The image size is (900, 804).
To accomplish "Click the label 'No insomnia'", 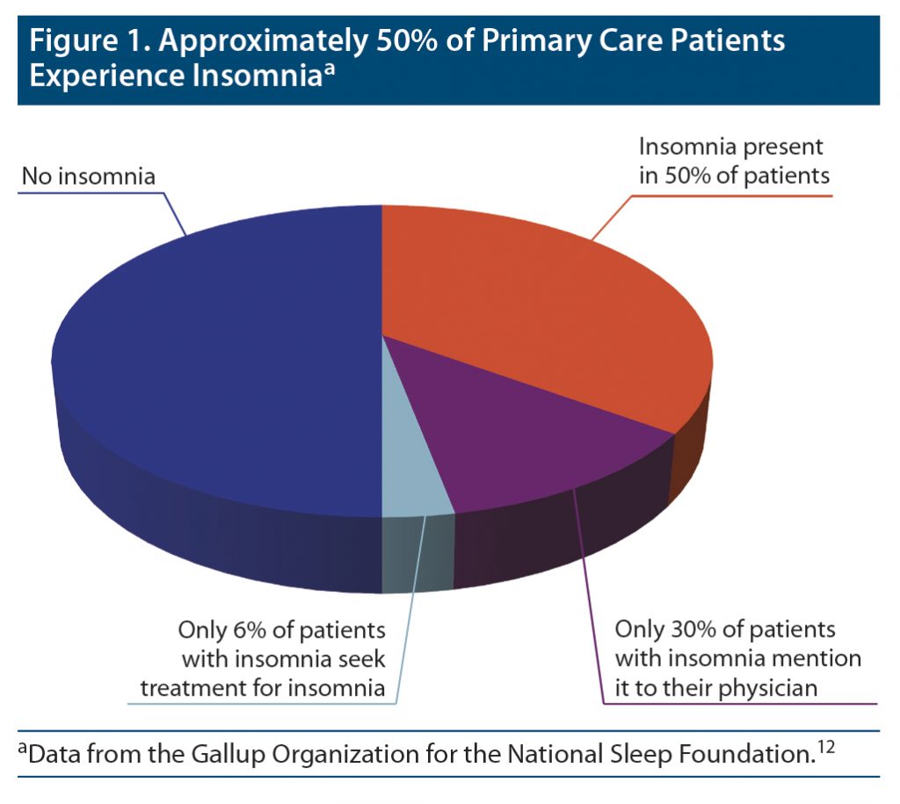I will pyautogui.click(x=88, y=177).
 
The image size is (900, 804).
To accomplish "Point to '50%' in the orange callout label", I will pyautogui.click(x=687, y=175).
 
